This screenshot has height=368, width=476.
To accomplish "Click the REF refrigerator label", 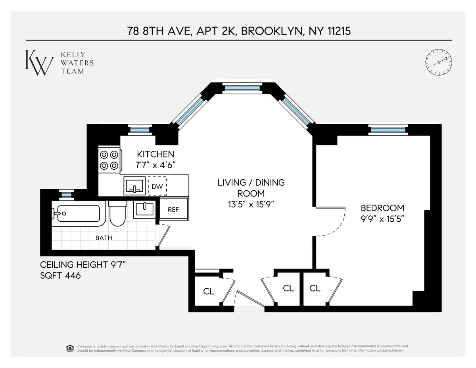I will tap(173, 209).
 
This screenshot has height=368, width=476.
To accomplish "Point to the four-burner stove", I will tap(109, 160).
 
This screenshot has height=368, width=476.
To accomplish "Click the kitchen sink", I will tap(135, 186).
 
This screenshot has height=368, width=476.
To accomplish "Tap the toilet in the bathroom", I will tap(117, 214).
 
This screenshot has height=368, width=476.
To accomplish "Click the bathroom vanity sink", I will tap(144, 209).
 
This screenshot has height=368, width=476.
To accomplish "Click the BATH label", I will tap(104, 238).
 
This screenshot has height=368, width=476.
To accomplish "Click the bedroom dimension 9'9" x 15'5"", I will tap(382, 218).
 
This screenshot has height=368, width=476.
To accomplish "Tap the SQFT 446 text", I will tap(61, 275).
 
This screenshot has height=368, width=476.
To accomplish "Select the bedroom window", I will tap(388, 129).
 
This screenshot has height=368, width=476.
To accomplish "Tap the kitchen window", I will tap(139, 129).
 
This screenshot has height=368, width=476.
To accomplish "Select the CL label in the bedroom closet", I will tap(315, 288).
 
